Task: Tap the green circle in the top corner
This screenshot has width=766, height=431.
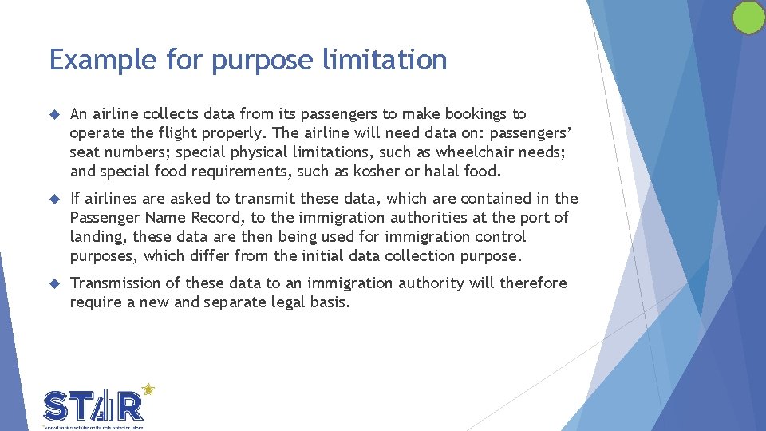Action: click(x=748, y=18)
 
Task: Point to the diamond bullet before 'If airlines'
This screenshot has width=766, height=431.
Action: click(x=54, y=199)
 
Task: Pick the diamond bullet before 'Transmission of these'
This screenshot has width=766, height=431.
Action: click(x=54, y=283)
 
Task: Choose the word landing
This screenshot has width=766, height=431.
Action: click(x=98, y=237)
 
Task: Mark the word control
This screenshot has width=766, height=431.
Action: click(x=499, y=236)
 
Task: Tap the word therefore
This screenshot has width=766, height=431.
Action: click(x=533, y=283)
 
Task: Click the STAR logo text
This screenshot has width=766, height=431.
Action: click(x=93, y=406)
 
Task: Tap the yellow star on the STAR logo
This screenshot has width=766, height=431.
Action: click(x=148, y=389)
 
